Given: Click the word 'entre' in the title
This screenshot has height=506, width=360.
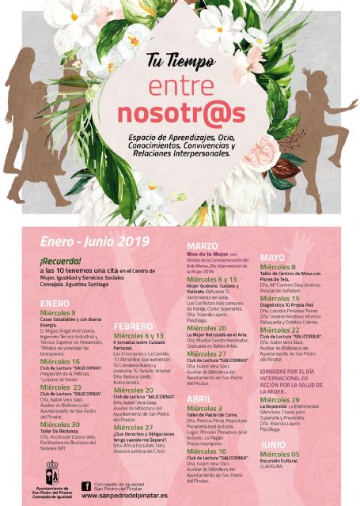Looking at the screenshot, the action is pos(181,85).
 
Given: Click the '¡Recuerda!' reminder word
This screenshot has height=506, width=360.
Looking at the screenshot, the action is pos(59,259).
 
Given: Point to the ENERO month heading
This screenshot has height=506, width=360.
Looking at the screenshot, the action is pos(55,303).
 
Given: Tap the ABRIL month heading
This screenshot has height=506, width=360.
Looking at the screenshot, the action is pos(199,398).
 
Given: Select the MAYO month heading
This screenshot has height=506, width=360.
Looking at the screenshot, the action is pos(271,258).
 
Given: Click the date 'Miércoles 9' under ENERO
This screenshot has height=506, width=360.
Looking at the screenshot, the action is pos(63,313).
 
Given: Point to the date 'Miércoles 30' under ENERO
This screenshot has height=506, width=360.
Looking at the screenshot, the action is pos(65,424).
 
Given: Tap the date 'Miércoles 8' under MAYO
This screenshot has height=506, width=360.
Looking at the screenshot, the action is pos(283,268).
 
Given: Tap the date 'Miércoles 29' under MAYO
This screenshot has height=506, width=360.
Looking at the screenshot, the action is pos(286,400).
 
